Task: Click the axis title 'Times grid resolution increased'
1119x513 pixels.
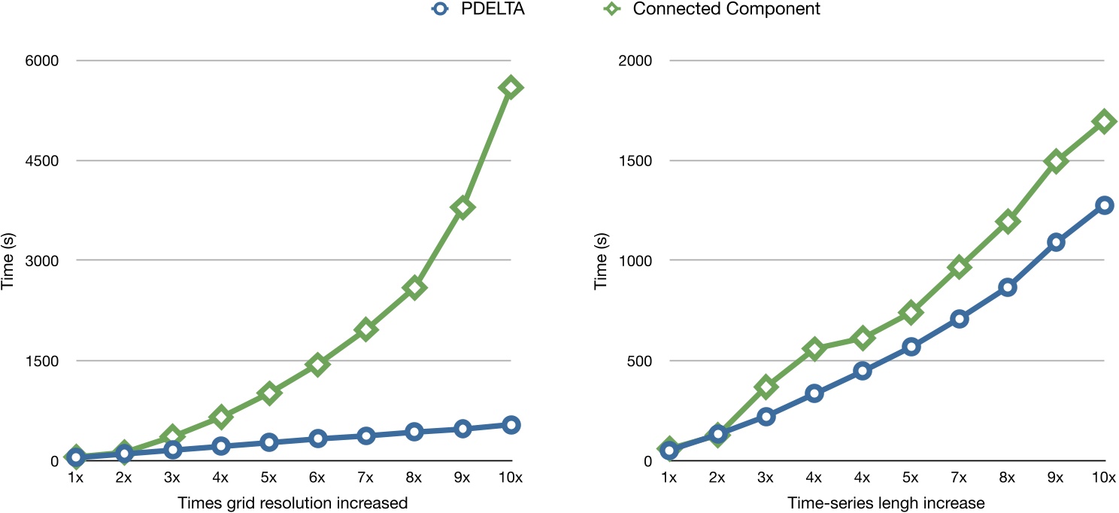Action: [293, 502]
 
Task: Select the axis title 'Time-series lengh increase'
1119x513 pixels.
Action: [886, 502]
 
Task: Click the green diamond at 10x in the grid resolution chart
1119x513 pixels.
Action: [511, 87]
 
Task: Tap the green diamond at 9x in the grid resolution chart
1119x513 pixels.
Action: [462, 208]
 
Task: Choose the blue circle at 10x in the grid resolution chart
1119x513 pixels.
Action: [511, 425]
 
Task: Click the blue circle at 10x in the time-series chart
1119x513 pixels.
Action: [1104, 205]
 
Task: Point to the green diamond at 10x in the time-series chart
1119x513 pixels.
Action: [1104, 120]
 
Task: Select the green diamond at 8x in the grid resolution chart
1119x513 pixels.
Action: [414, 287]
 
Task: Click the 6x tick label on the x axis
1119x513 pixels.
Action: [317, 478]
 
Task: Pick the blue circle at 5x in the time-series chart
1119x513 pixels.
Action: [911, 347]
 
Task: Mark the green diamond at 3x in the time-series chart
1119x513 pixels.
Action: [766, 387]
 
